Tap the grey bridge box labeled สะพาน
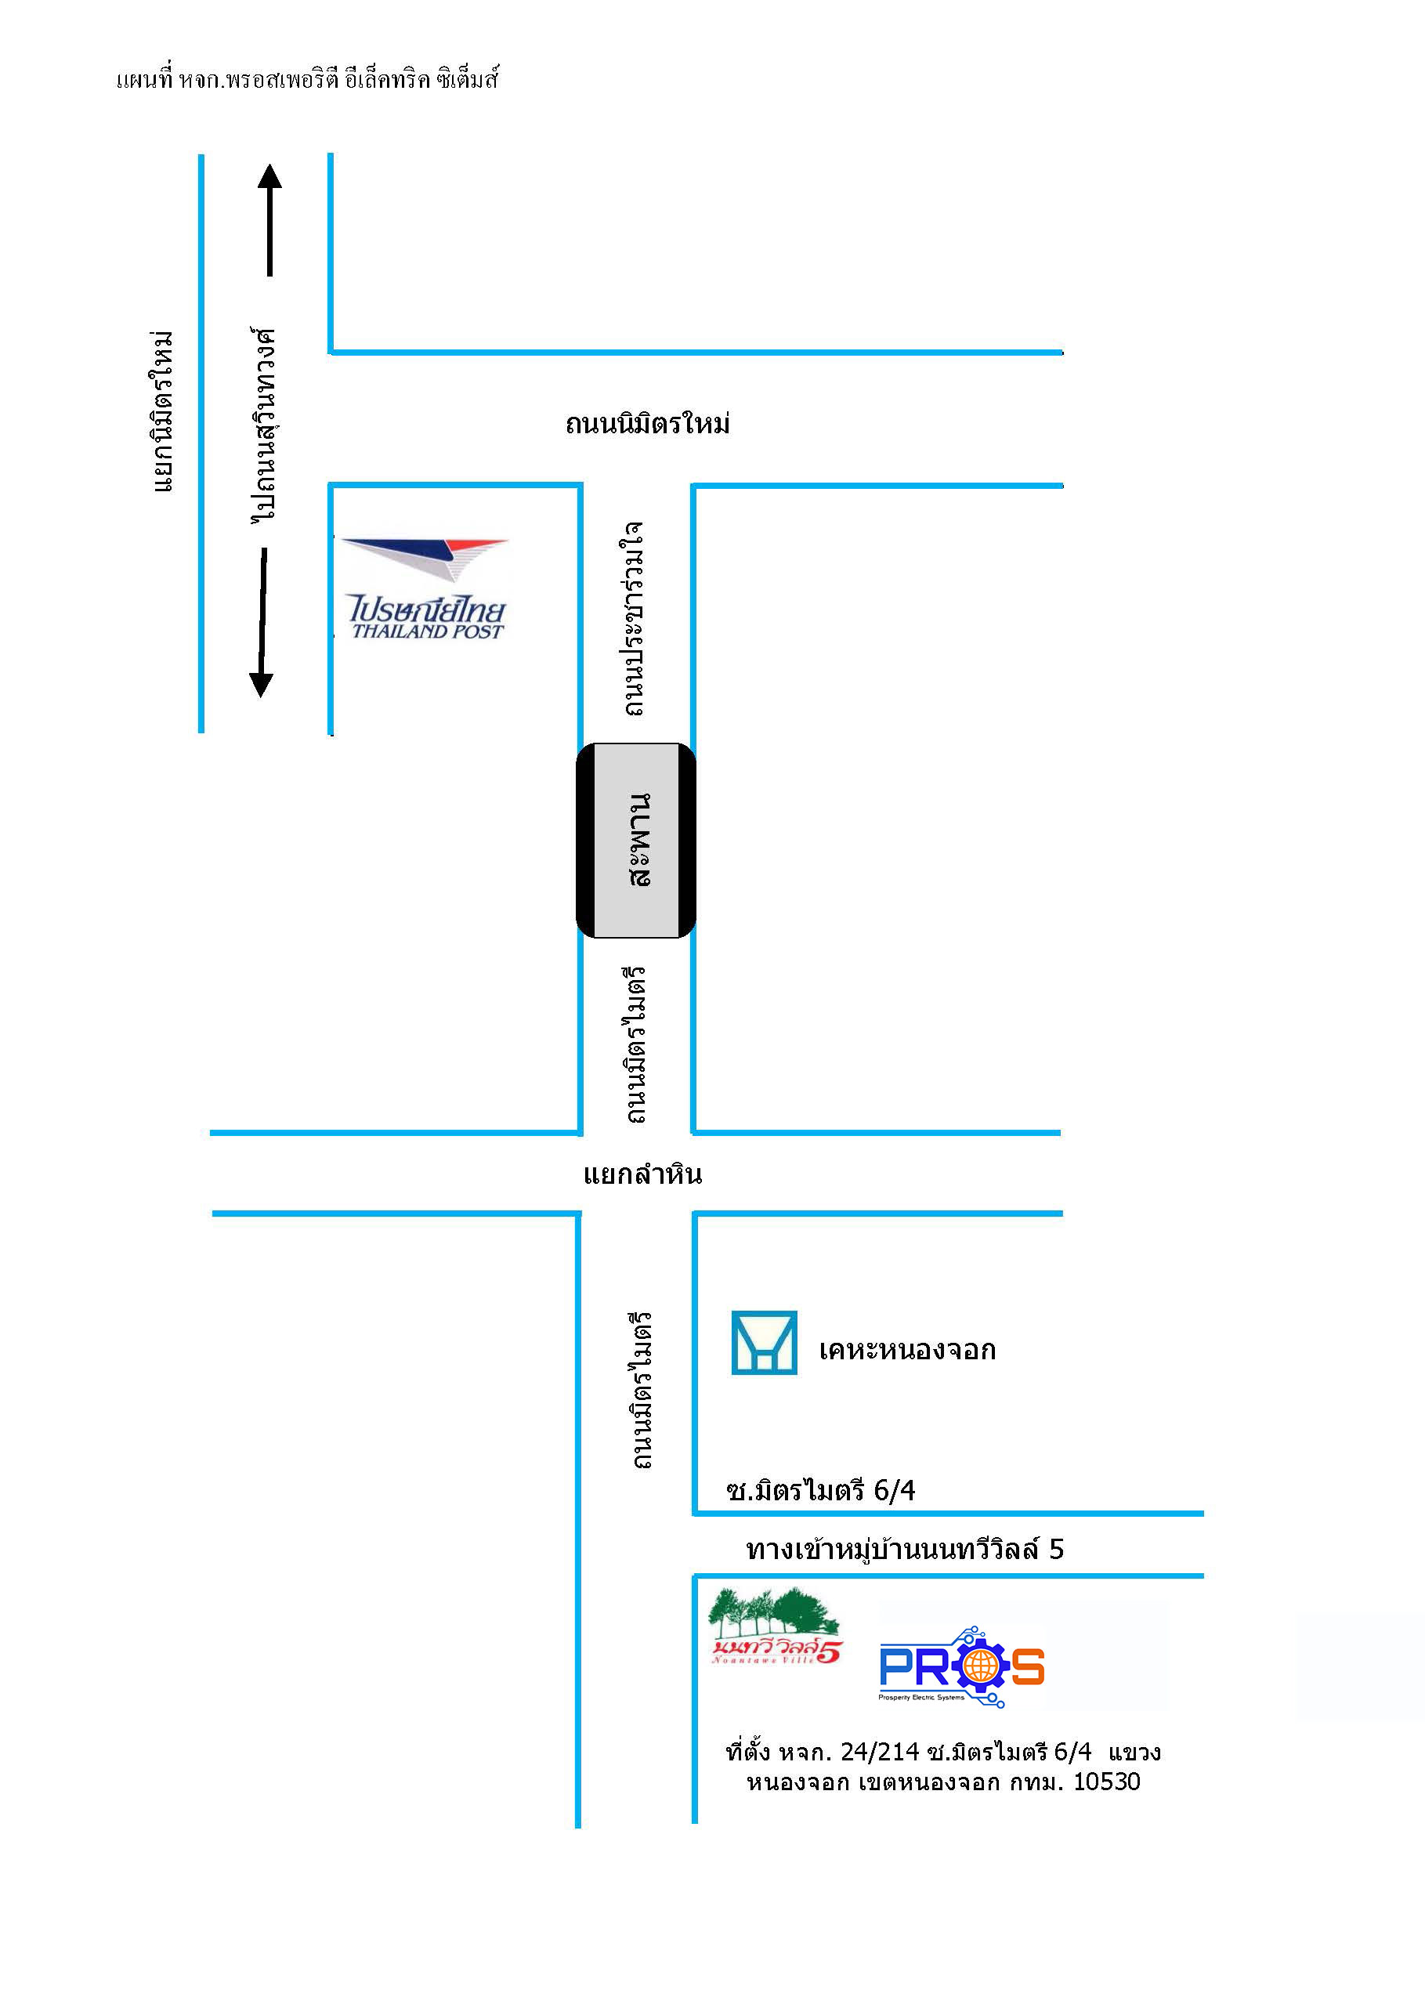click(x=636, y=840)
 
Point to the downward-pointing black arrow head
click(x=261, y=683)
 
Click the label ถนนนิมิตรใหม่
click(x=648, y=425)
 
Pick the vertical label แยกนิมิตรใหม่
click(x=162, y=411)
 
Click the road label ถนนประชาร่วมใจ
click(x=633, y=619)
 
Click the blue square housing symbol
click(x=765, y=1343)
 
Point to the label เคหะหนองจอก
click(x=907, y=1349)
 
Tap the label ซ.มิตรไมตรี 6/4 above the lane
click(x=820, y=1490)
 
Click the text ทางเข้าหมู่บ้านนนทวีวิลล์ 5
click(x=905, y=1550)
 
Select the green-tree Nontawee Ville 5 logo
click(x=774, y=1626)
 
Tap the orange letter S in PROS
click(x=1028, y=1666)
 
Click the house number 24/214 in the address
click(x=879, y=1753)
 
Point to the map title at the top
click(x=307, y=80)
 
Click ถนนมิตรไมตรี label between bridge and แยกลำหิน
click(x=635, y=1044)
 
